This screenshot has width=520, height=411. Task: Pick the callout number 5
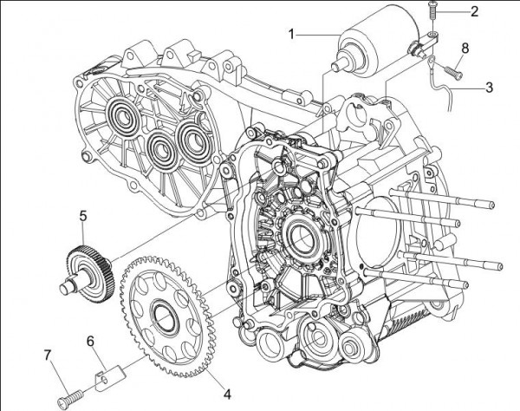pyautogui.click(x=83, y=212)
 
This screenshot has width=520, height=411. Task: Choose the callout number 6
pyautogui.click(x=89, y=342)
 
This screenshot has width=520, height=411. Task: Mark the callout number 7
pyautogui.click(x=49, y=354)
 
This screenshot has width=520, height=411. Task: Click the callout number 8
pyautogui.click(x=465, y=49)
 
